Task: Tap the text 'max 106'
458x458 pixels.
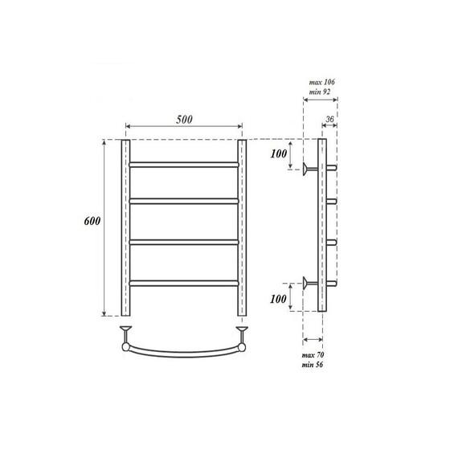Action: [x=322, y=83]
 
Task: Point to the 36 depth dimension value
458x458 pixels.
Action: [x=329, y=120]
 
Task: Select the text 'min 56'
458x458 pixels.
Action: [x=313, y=365]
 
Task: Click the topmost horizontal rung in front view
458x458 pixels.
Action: [x=183, y=163]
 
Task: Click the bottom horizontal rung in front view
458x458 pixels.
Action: [x=183, y=281]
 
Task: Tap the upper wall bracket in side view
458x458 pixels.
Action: [x=309, y=169]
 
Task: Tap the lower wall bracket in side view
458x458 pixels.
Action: [x=309, y=281]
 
